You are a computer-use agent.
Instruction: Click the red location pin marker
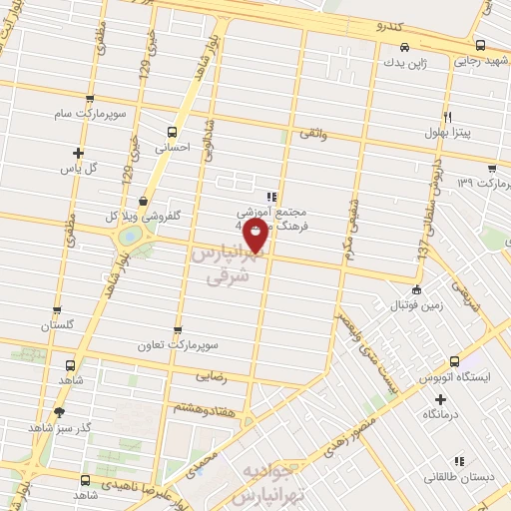click(x=255, y=236)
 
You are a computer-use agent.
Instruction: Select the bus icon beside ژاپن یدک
click(x=403, y=47)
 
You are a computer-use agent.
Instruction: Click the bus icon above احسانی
click(x=173, y=132)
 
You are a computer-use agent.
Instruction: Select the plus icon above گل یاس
click(x=79, y=153)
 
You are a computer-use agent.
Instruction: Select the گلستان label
click(x=58, y=326)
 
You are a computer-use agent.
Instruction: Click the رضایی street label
click(x=216, y=378)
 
